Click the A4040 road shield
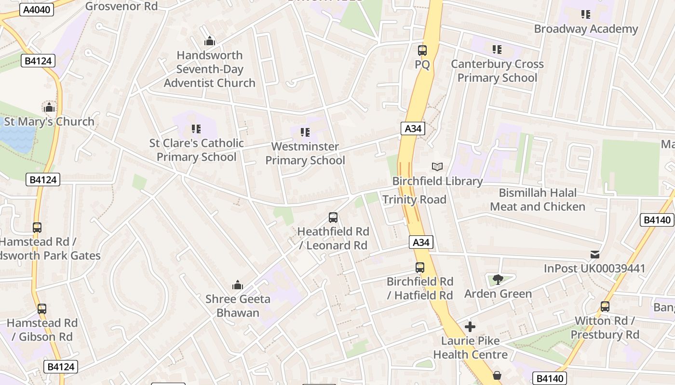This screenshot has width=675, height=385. (x=36, y=9)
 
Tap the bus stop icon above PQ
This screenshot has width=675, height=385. (x=422, y=50)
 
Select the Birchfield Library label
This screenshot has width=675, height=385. (x=437, y=181)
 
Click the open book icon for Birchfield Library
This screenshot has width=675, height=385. (x=437, y=167)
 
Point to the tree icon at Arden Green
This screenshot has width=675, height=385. (x=498, y=280)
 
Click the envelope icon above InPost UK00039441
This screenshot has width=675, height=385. (x=595, y=254)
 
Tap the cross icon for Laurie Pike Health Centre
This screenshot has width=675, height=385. (x=470, y=327)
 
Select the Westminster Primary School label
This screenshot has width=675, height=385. (x=305, y=153)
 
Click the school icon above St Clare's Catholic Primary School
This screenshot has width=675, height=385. (x=196, y=129)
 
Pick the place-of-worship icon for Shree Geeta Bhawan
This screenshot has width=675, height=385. (x=237, y=285)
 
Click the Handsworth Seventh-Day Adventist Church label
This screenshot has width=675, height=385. (x=210, y=69)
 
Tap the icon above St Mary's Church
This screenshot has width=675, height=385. (x=49, y=107)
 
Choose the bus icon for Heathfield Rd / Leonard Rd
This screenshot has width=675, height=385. (x=333, y=218)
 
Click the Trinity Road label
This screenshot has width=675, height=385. (x=414, y=200)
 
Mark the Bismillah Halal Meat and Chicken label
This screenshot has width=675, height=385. (x=538, y=200)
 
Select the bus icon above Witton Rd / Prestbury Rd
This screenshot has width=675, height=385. (x=605, y=307)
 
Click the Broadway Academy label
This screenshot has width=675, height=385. (x=586, y=29)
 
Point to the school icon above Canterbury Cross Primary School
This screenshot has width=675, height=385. (x=497, y=50)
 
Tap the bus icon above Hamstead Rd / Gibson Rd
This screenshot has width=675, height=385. (x=42, y=309)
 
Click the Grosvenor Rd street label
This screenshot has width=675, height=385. (x=121, y=6)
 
